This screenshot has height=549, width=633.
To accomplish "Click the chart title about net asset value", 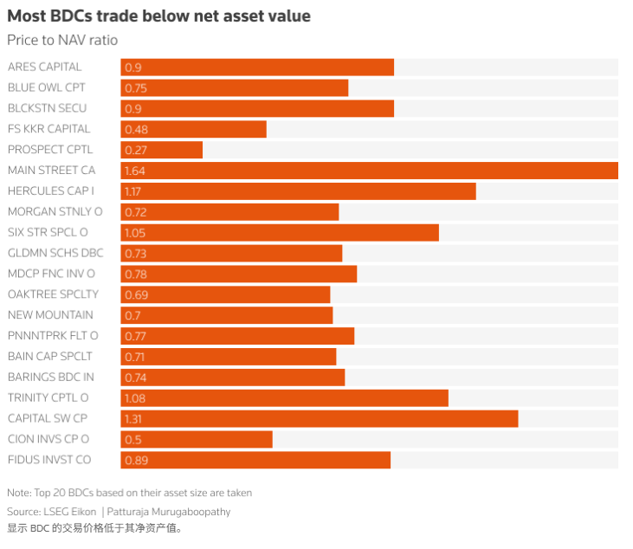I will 158,16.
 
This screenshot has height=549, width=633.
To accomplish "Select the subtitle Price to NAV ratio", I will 62,40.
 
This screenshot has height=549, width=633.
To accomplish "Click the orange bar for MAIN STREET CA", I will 369,171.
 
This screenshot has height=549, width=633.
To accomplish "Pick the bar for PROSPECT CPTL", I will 161,150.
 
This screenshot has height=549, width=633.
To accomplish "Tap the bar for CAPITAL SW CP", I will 319,418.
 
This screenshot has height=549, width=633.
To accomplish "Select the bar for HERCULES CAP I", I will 298,191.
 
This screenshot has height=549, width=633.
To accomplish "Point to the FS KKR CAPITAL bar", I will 193,129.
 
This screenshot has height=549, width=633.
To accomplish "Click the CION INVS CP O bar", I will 197,439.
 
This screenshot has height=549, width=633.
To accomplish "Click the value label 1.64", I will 133,171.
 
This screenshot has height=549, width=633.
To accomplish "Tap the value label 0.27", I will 135,150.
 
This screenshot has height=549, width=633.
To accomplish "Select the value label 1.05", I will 134,232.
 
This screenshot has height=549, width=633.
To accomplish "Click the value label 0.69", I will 136,294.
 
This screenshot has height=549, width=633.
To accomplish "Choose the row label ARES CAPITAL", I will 44,67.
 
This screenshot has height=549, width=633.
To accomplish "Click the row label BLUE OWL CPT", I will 46,87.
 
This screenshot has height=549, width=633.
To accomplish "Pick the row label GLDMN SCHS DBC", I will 55,253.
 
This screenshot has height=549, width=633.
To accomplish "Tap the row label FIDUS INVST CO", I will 49,460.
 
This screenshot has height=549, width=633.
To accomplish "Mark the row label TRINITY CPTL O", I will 48,397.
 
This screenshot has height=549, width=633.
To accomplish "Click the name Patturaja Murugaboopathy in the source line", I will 169,512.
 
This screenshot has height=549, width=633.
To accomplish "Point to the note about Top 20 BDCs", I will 129,493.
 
